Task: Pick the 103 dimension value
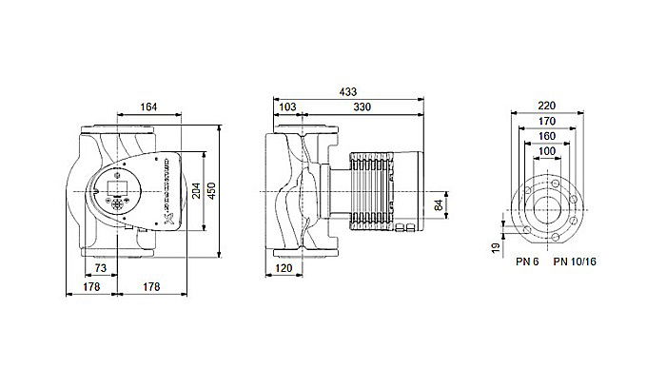pyautogui.click(x=286, y=108)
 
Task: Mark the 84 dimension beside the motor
pyautogui.click(x=440, y=203)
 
